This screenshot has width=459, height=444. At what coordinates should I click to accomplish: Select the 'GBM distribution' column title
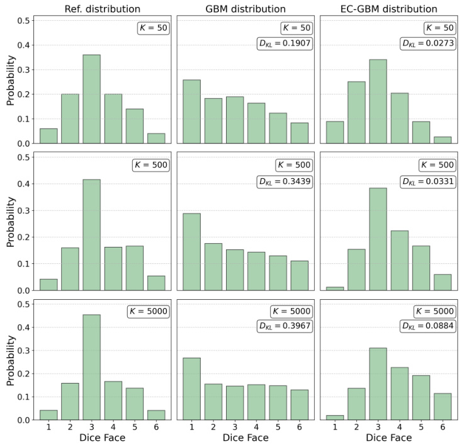tap(246, 9)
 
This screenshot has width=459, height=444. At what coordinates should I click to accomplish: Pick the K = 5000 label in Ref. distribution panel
tap(147, 312)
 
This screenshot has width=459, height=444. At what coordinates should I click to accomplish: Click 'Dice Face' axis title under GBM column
tap(246, 437)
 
